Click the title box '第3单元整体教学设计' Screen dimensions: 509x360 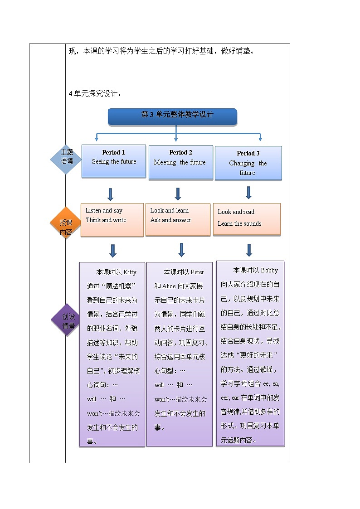pyautogui.click(x=172, y=116)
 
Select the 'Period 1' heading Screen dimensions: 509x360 pyautogui.click(x=113, y=152)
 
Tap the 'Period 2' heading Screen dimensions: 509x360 pyautogui.click(x=180, y=152)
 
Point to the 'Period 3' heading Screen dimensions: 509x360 pyautogui.click(x=248, y=153)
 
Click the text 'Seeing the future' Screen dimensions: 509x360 pyautogui.click(x=114, y=162)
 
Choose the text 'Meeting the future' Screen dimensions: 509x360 pyautogui.click(x=180, y=162)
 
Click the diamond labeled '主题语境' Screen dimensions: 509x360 pyautogui.click(x=67, y=156)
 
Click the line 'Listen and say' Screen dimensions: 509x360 pyautogui.click(x=104, y=210)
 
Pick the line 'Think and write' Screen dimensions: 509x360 pyautogui.click(x=106, y=220)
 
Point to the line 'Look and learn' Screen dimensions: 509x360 pyautogui.click(x=169, y=210)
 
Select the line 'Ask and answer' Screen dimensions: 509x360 pyautogui.click(x=170, y=220)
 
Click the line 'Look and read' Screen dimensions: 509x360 pyautogui.click(x=236, y=212)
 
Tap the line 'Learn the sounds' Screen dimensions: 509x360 pyautogui.click(x=239, y=223)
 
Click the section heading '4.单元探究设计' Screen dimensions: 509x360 pyautogui.click(x=95, y=94)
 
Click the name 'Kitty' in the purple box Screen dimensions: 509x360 pyautogui.click(x=130, y=272)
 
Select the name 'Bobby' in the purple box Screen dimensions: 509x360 pyautogui.click(x=269, y=270)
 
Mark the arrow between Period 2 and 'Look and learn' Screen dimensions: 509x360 pyautogui.click(x=178, y=194)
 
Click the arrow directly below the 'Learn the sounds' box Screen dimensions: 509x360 pyautogui.click(x=248, y=250)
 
